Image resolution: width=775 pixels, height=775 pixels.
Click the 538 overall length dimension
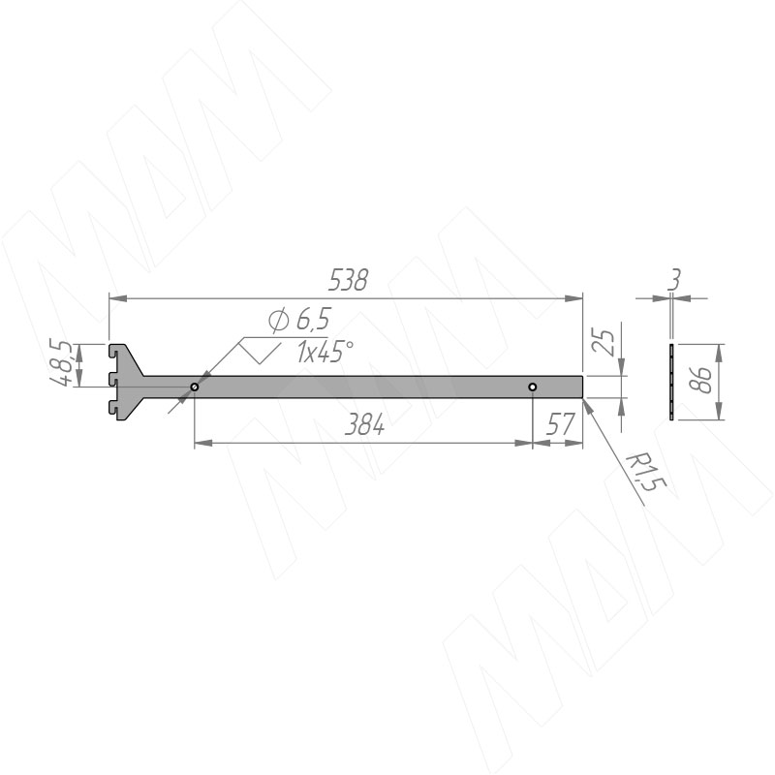point(348,280)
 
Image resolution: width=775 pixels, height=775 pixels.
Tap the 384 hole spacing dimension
point(364,424)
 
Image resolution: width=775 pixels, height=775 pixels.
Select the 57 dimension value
point(560,424)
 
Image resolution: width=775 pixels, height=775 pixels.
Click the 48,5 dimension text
point(63,362)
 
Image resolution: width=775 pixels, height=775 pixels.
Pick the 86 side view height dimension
point(700,380)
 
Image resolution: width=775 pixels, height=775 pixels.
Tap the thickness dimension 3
point(673,280)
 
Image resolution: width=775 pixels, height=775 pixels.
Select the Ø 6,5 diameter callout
point(299,321)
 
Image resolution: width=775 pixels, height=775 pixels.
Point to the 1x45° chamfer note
point(325,352)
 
